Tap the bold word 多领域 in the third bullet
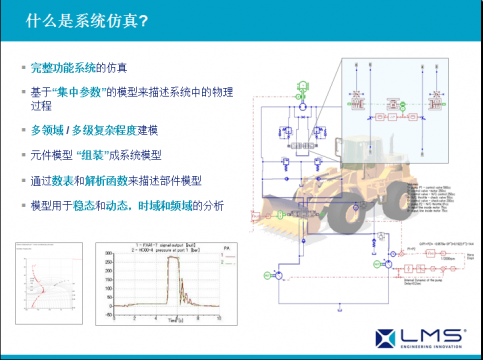(x=48, y=131)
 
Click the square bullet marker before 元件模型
(x=24, y=155)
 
